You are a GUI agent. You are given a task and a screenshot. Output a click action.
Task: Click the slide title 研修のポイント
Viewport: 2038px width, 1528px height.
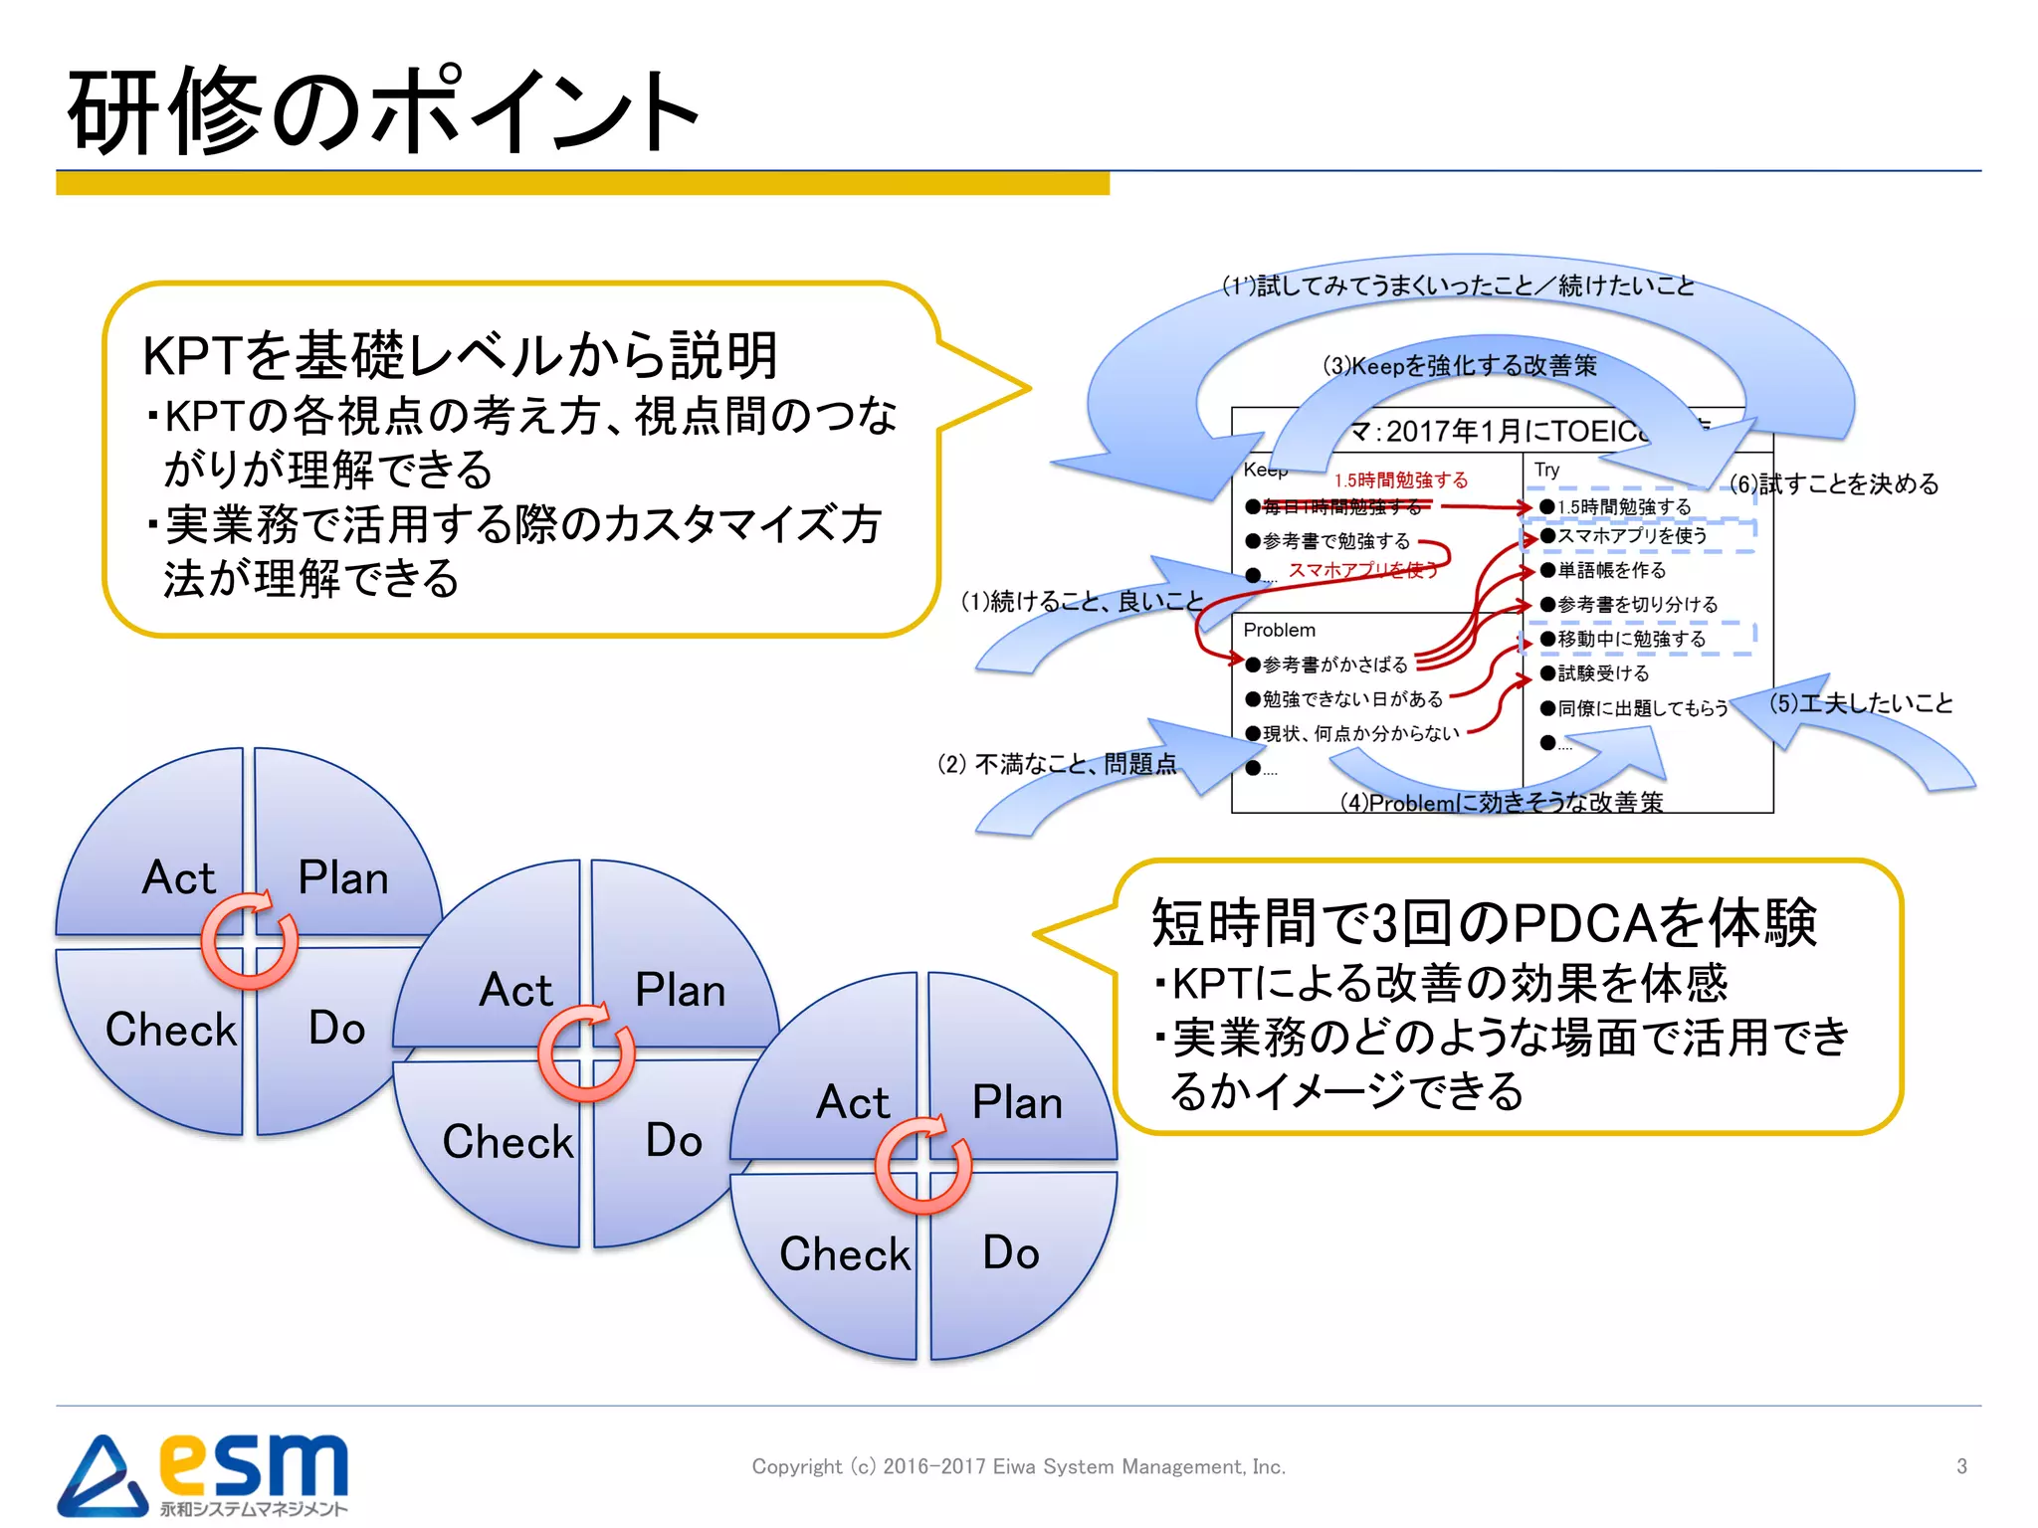(383, 111)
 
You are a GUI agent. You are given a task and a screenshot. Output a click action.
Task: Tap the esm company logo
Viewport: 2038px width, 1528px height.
(204, 1473)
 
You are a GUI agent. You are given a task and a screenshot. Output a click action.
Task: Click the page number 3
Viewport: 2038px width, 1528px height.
(1960, 1466)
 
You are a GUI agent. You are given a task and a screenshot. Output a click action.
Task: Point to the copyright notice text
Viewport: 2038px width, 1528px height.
(1018, 1466)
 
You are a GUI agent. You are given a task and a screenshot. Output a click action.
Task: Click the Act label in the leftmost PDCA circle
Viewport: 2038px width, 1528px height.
(178, 877)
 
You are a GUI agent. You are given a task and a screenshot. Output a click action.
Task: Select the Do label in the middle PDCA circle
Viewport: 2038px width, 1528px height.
(674, 1140)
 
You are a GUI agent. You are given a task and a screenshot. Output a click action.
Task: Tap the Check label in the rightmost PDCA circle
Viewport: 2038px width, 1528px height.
(844, 1253)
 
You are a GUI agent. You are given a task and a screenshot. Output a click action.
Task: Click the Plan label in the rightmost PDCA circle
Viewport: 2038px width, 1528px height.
(1017, 1102)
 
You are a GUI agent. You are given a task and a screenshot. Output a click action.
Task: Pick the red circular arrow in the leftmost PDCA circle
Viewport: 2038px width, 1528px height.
(249, 940)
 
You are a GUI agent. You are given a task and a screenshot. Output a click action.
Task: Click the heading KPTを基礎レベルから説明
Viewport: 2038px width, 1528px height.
(460, 355)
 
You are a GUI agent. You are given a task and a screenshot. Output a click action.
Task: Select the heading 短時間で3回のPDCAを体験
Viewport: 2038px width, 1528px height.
(1483, 922)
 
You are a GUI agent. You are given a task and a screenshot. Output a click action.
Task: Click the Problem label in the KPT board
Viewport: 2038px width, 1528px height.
(1279, 630)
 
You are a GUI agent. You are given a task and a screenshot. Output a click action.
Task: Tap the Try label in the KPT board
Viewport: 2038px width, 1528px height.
(1546, 470)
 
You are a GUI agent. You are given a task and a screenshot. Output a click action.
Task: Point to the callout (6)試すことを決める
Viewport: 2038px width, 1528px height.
(1833, 484)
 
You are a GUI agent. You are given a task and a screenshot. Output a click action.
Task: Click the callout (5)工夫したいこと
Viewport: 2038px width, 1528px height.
(1860, 703)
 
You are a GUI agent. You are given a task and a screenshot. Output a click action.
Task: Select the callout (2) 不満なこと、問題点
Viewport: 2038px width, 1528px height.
(1057, 764)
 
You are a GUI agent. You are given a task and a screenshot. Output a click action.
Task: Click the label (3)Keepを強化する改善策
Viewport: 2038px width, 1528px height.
(1459, 366)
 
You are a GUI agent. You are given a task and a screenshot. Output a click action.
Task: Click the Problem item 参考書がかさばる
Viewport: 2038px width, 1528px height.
(1333, 665)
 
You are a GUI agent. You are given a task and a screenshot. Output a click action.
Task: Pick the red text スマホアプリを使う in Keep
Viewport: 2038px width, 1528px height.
(1362, 570)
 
